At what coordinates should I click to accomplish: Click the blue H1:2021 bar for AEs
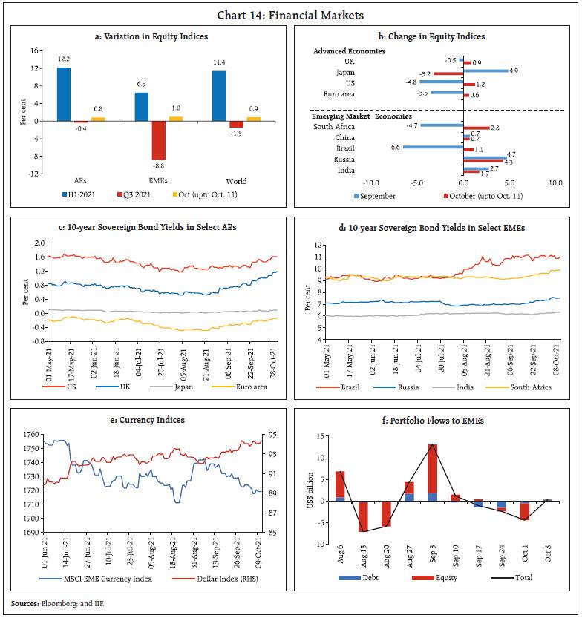[64, 93]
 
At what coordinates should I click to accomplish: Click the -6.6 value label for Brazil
[394, 147]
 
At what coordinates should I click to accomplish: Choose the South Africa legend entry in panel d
[530, 387]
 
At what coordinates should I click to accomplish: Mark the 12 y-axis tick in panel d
[317, 245]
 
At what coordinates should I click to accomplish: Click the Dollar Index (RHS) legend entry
[212, 578]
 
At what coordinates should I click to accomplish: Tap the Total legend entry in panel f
[523, 577]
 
